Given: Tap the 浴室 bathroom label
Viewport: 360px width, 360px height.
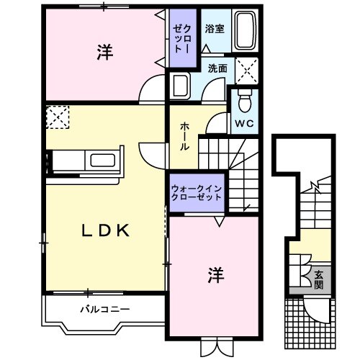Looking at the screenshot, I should coord(213,30).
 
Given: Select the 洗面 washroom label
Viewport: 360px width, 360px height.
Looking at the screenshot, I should coord(217,68).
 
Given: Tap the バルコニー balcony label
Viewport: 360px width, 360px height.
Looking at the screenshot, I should coord(104,310).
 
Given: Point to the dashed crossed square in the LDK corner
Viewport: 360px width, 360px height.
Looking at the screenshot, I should coord(55,117).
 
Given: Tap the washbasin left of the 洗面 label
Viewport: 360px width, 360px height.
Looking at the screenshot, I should coord(178,86).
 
